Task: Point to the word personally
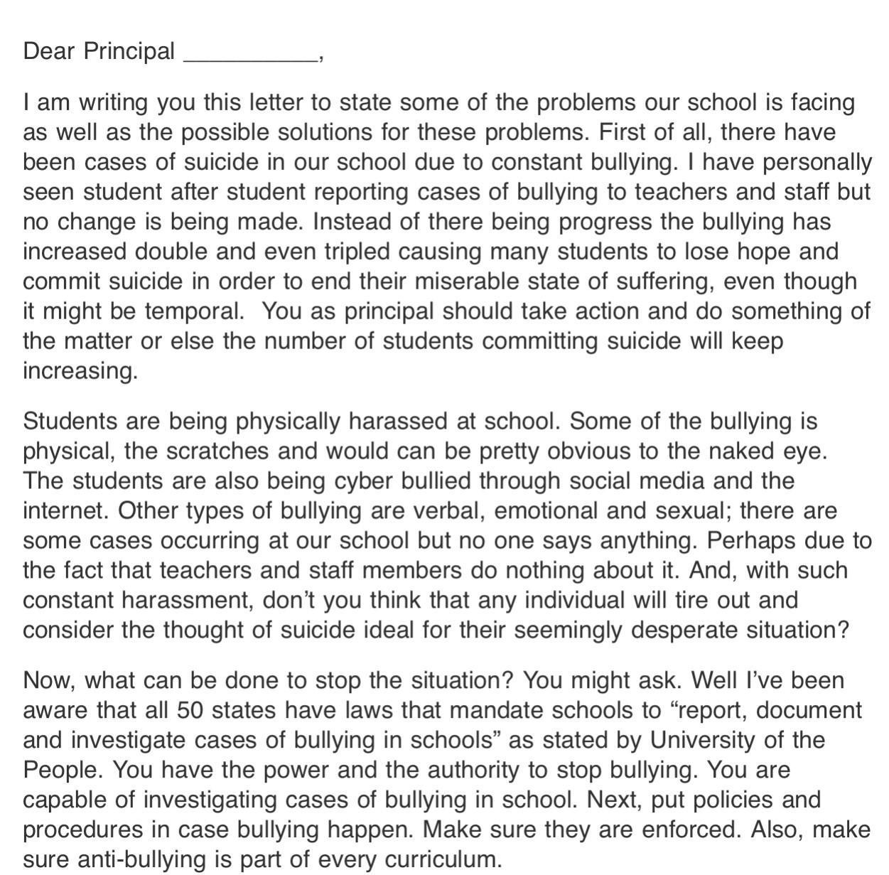click(817, 163)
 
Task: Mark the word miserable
click(460, 281)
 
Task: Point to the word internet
click(67, 511)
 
